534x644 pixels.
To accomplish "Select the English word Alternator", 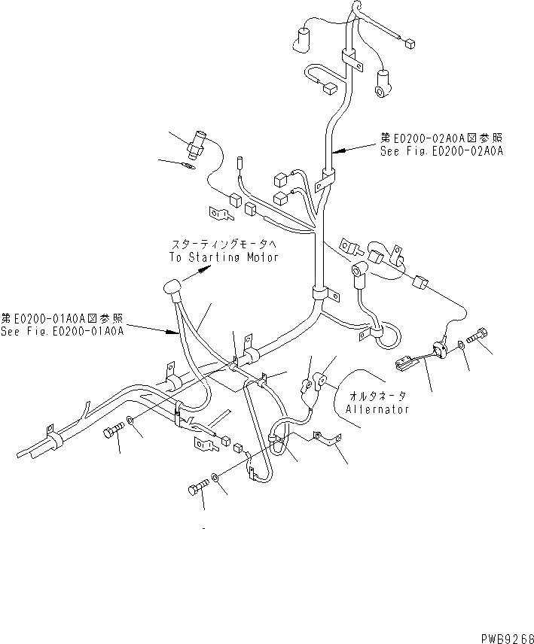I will (x=377, y=409).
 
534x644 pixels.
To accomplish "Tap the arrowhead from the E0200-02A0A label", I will (x=337, y=152).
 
